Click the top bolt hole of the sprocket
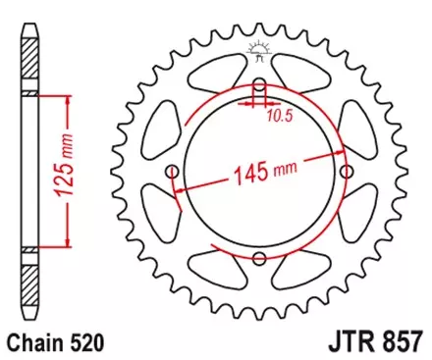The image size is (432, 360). [259, 83]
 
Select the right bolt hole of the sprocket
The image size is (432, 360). [347, 171]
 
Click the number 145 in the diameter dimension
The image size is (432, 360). [254, 178]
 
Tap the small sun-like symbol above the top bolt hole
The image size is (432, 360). [259, 47]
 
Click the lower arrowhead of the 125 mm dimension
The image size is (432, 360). [67, 245]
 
